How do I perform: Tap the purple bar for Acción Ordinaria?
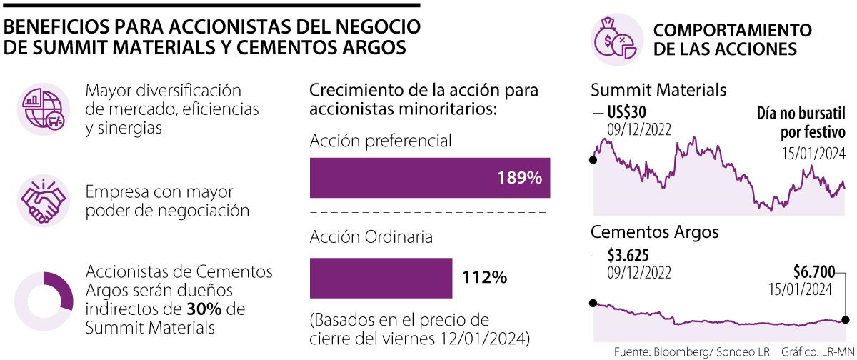tap(381, 278)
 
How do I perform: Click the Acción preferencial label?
tap(381, 141)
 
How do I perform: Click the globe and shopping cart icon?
tap(43, 109)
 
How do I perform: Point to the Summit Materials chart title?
tap(658, 90)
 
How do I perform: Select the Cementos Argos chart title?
tap(655, 232)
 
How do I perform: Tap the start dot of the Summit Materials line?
tap(593, 159)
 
